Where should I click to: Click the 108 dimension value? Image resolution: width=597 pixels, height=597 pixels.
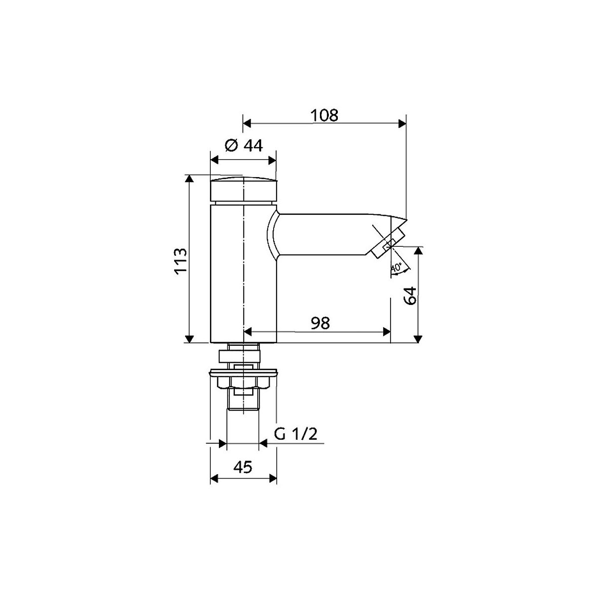pos(324,115)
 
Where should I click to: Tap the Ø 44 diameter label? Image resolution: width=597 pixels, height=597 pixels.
pos(243,145)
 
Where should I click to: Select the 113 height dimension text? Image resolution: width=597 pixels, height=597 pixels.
pos(181,261)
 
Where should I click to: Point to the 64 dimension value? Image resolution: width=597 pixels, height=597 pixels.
pos(410,296)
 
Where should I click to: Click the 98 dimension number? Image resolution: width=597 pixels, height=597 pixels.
pos(320,323)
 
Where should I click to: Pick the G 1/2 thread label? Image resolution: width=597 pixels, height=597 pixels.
pos(296,434)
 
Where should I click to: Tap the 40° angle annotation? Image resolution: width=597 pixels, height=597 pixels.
pos(396,267)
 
